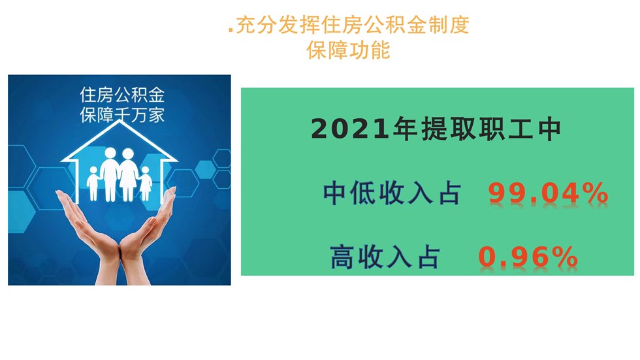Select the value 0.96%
pyautogui.click(x=528, y=257)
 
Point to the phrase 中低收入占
pyautogui.click(x=392, y=193)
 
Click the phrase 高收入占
pyautogui.click(x=385, y=257)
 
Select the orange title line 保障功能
pyautogui.click(x=348, y=50)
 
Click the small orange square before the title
pyautogui.click(x=231, y=30)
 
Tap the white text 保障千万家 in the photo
pyautogui.click(x=122, y=115)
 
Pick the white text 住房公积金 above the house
pyautogui.click(x=122, y=95)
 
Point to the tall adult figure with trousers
pyautogui.click(x=110, y=174)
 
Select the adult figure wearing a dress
pyautogui.click(x=128, y=174)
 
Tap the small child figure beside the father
pyautogui.click(x=93, y=183)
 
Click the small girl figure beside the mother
pyautogui.click(x=146, y=183)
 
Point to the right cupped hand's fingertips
pyautogui.click(x=172, y=190)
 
